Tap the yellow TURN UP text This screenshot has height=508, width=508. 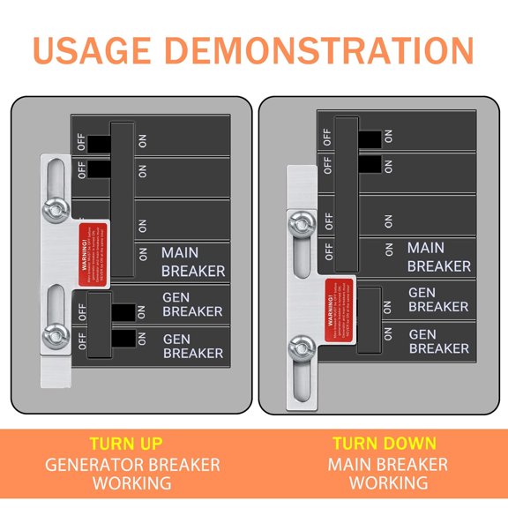coord(126,444)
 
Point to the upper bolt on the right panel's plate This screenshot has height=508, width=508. coord(303,226)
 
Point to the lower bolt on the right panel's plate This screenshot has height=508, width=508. coord(303,346)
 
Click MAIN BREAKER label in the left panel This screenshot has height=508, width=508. coord(192,261)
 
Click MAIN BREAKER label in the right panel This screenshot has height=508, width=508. coord(438,257)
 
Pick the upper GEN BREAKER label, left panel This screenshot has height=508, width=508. coord(192,304)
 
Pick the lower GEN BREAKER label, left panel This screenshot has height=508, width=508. coord(192,345)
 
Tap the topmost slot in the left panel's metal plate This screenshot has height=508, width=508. coord(55,175)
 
